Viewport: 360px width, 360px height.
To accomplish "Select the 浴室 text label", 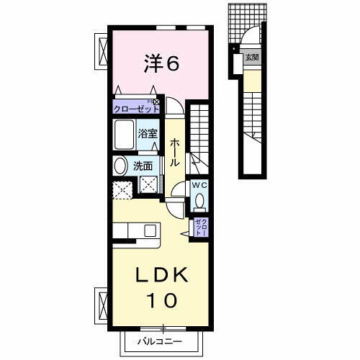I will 148,133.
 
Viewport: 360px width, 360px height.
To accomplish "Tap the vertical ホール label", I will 174,153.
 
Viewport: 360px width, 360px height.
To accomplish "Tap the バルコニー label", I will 161,341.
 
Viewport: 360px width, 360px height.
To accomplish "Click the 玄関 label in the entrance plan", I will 251,57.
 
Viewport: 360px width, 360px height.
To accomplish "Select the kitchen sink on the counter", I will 150,230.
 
